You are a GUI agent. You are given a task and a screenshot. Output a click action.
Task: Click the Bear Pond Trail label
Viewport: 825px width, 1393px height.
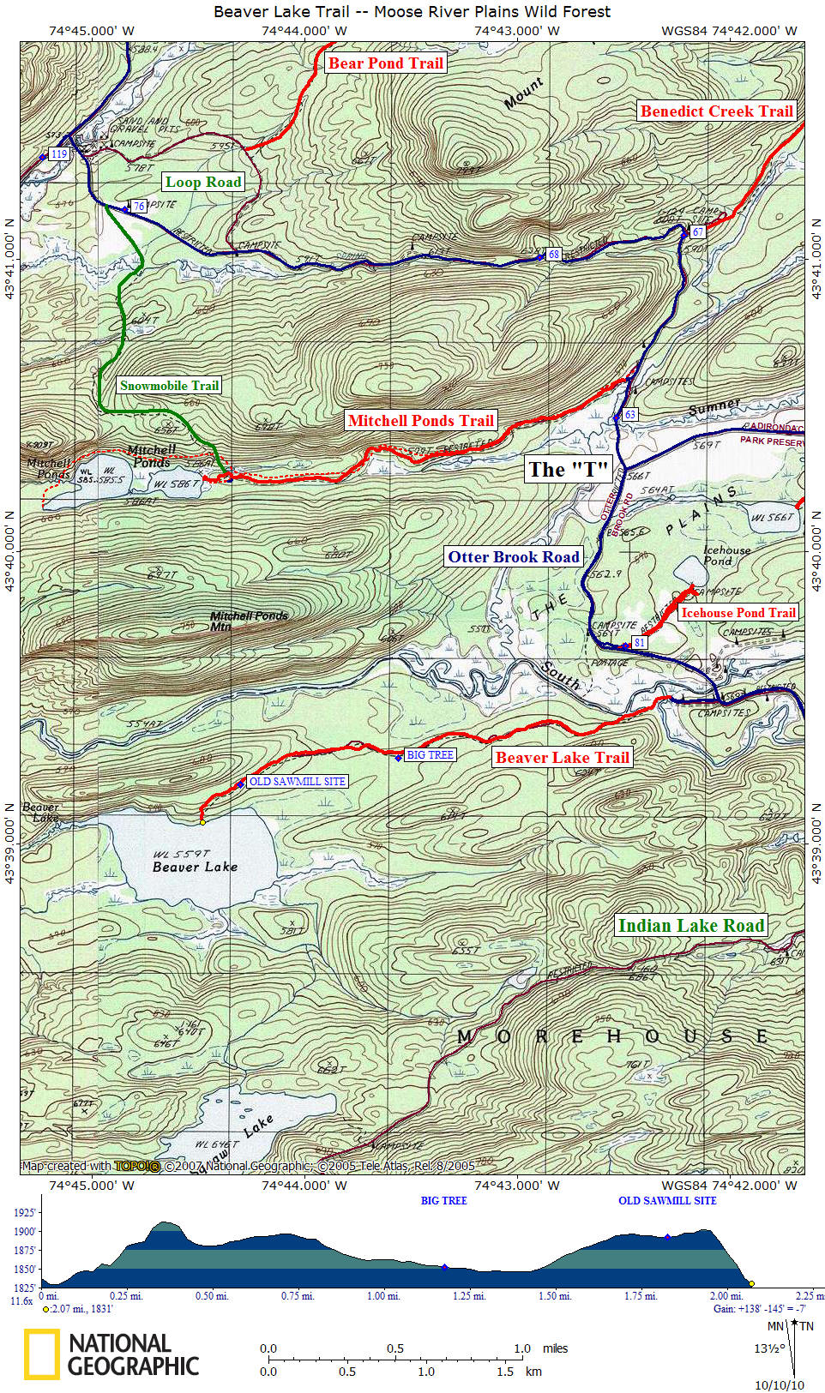(x=386, y=63)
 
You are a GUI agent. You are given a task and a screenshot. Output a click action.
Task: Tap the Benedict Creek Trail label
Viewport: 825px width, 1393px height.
(x=716, y=111)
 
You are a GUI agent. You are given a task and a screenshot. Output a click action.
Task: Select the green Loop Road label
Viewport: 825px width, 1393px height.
(x=203, y=182)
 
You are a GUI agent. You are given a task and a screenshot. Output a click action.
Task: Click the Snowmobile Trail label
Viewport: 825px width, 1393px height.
(x=169, y=386)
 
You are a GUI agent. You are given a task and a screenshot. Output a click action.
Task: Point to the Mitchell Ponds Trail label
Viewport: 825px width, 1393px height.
(x=420, y=421)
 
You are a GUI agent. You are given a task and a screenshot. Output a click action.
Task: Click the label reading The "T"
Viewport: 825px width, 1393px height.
(x=568, y=470)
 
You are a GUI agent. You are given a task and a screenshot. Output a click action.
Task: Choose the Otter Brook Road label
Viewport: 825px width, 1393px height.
(x=514, y=557)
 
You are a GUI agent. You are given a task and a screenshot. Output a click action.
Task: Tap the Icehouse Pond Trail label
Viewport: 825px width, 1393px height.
(x=738, y=613)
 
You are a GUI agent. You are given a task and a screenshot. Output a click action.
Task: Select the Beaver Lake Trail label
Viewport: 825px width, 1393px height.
(x=562, y=758)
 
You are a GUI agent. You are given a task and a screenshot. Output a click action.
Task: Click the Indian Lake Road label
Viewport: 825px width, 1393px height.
(x=690, y=926)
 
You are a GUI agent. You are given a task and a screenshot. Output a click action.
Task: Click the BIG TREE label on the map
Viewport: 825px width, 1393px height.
(x=430, y=755)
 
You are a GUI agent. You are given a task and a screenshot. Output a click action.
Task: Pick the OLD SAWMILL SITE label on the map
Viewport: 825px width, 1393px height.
(x=297, y=782)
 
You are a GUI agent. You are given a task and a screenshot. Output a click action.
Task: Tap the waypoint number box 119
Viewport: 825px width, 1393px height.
(x=58, y=154)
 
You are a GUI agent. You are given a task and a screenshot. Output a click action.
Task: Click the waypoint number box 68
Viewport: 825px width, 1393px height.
(x=553, y=255)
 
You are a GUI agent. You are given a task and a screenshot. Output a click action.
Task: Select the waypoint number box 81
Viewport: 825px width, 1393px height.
(x=639, y=643)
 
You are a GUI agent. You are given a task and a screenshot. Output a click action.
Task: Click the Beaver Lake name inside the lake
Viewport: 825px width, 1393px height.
(x=195, y=867)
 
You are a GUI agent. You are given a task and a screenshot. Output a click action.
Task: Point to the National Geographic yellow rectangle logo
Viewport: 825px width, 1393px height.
(x=41, y=1354)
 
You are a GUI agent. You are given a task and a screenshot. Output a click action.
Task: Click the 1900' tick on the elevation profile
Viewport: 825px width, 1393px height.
(x=25, y=1232)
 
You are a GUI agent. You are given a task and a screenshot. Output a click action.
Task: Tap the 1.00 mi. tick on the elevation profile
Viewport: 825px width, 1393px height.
(x=383, y=1296)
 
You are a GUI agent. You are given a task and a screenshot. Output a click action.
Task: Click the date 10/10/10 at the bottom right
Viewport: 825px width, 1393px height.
(x=779, y=1385)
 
